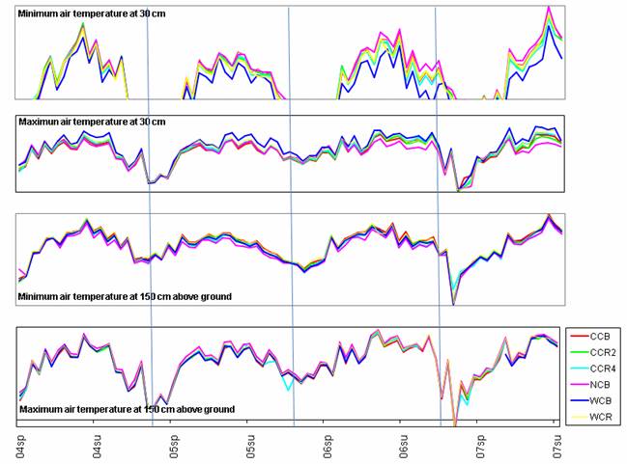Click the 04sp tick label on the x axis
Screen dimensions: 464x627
20,447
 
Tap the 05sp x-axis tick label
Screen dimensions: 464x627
175,447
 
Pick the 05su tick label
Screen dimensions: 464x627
251,447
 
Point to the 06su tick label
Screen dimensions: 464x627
402,447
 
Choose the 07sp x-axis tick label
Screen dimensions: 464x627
479,447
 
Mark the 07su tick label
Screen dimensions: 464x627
555,447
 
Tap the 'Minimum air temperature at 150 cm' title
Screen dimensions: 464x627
125,295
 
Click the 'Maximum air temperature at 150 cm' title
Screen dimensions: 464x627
126,410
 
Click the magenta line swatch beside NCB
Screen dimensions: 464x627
578,384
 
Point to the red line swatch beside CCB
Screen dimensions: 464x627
578,338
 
